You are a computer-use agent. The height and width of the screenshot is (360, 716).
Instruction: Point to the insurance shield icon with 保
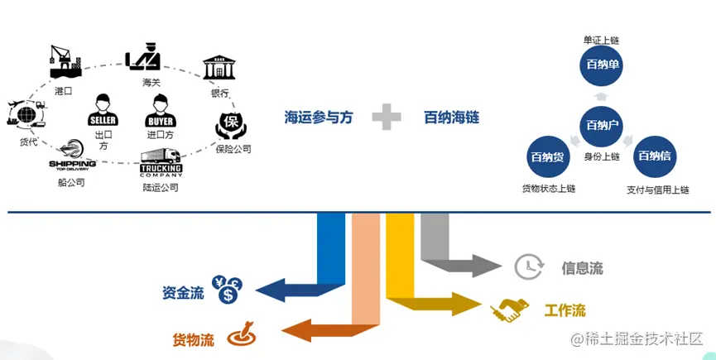tap(232, 124)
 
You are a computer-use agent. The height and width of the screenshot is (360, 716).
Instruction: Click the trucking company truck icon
tap(161, 162)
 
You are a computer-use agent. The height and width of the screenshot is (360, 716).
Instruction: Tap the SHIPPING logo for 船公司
tap(73, 156)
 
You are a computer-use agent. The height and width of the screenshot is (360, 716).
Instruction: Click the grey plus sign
tap(387, 117)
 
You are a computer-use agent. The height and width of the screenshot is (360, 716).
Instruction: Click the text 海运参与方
tap(319, 118)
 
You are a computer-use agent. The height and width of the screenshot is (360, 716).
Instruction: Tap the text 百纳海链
tap(451, 118)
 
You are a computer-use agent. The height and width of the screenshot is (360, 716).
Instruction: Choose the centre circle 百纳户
tap(602, 126)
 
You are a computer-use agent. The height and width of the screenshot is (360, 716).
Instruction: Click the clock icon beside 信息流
tap(528, 266)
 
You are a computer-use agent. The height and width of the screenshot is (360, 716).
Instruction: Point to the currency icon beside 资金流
tap(226, 290)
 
